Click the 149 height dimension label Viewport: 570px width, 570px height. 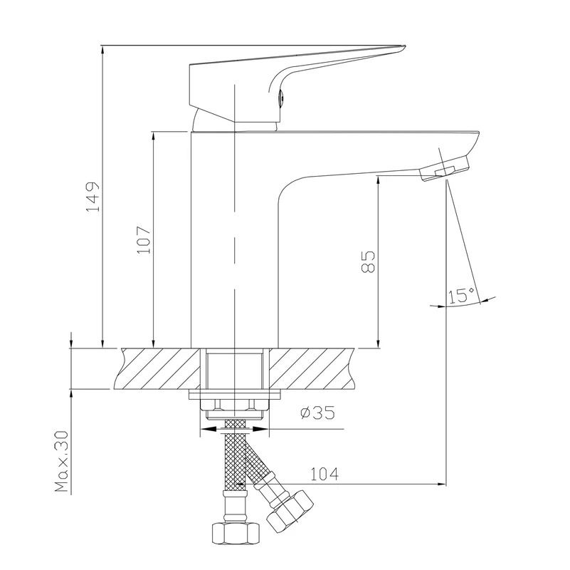92,197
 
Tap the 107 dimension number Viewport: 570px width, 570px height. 143,240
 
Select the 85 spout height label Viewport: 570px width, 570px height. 368,261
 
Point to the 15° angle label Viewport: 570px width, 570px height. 461,295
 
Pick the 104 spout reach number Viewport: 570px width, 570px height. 324,474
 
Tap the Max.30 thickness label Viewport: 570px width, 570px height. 62,462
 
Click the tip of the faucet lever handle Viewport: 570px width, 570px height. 405,46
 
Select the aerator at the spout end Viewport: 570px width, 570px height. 444,168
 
